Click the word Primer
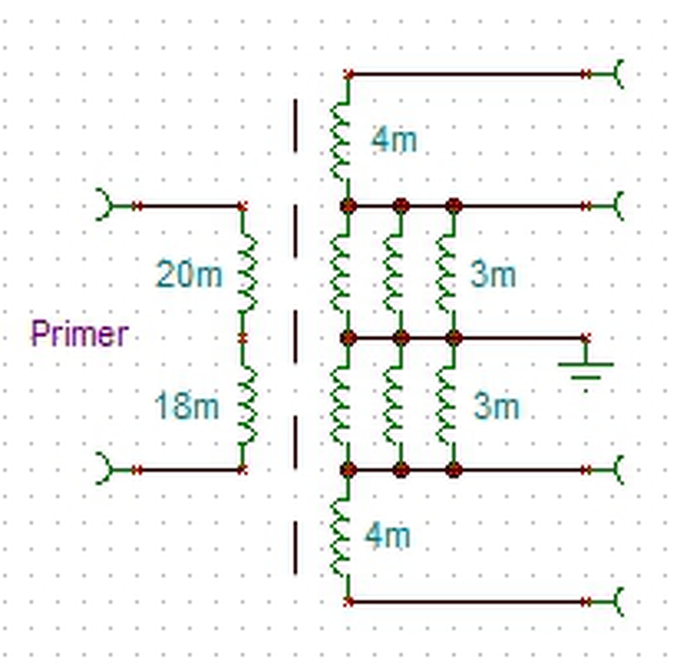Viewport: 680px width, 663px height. [80, 334]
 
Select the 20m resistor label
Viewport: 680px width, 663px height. [189, 275]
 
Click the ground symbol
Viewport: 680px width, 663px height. [585, 369]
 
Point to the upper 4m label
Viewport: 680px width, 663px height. [394, 140]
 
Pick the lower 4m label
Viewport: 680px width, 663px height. [388, 535]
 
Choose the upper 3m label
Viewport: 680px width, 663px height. [493, 275]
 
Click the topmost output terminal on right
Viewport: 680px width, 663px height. [617, 74]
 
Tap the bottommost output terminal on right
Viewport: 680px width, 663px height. [617, 602]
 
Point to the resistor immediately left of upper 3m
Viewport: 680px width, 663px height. [445, 272]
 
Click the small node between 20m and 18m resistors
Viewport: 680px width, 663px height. [242, 337]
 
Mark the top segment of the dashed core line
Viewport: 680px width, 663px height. [295, 125]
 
